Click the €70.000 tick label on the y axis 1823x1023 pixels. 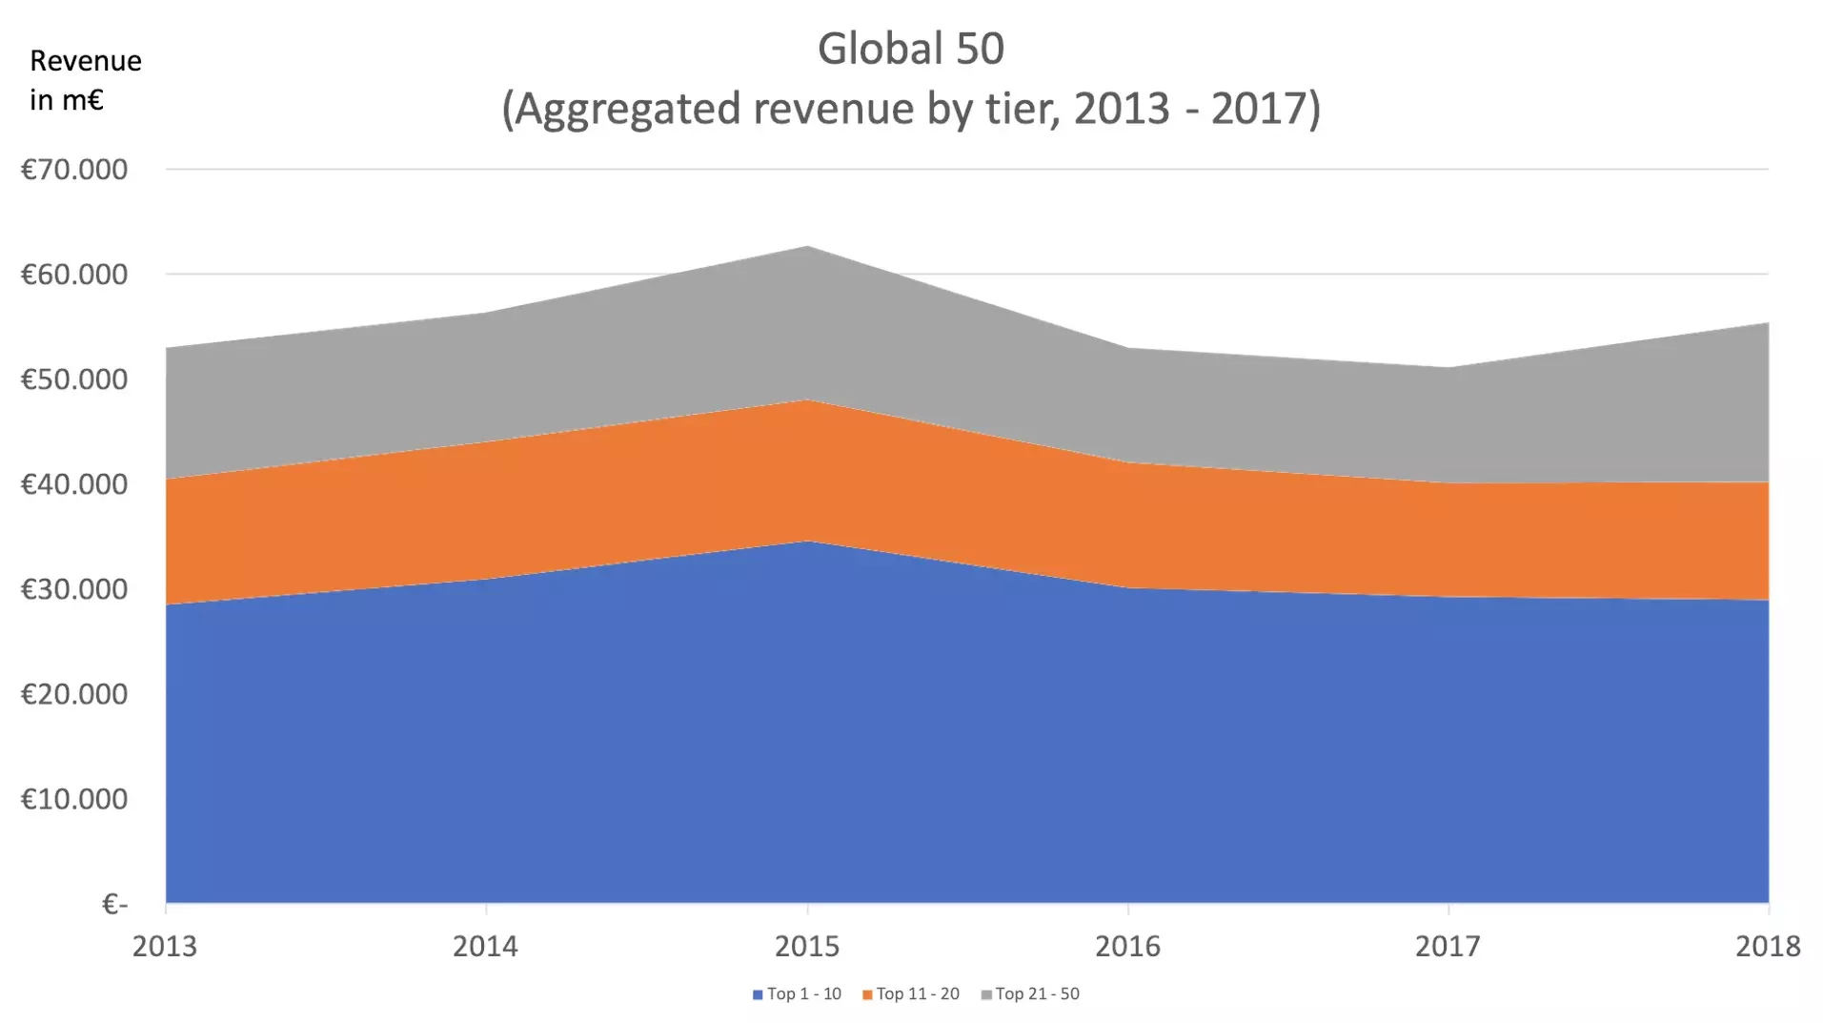[74, 170]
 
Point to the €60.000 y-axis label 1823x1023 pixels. [74, 275]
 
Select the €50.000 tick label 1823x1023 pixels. [74, 379]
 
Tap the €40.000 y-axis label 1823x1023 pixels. [74, 484]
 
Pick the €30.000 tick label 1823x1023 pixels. [74, 589]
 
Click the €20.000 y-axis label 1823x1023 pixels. [74, 694]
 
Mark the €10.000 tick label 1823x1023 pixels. [74, 799]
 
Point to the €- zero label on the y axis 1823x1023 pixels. [114, 904]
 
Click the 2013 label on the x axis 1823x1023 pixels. [165, 946]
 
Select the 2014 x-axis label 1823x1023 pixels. [485, 946]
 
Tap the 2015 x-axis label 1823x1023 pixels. [807, 946]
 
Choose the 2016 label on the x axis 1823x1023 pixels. [1127, 946]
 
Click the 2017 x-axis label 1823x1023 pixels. [1448, 946]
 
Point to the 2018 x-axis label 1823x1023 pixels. [1768, 946]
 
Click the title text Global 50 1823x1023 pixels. [910, 49]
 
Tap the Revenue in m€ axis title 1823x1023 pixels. [85, 80]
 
